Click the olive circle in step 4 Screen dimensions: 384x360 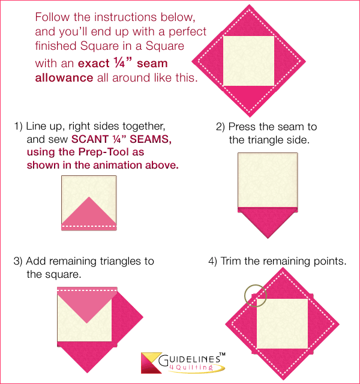pyautogui.click(x=256, y=295)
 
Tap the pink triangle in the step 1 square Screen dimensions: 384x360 pyautogui.click(x=89, y=214)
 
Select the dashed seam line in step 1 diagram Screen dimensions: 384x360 pyautogui.click(x=89, y=227)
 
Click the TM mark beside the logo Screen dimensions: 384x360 pyautogui.click(x=221, y=355)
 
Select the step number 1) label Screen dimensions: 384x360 pyautogui.click(x=18, y=127)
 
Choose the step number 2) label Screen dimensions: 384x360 pyautogui.click(x=220, y=127)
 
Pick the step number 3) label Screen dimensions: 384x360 pyautogui.click(x=18, y=262)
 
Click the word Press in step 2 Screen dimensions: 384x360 pyautogui.click(x=241, y=127)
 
